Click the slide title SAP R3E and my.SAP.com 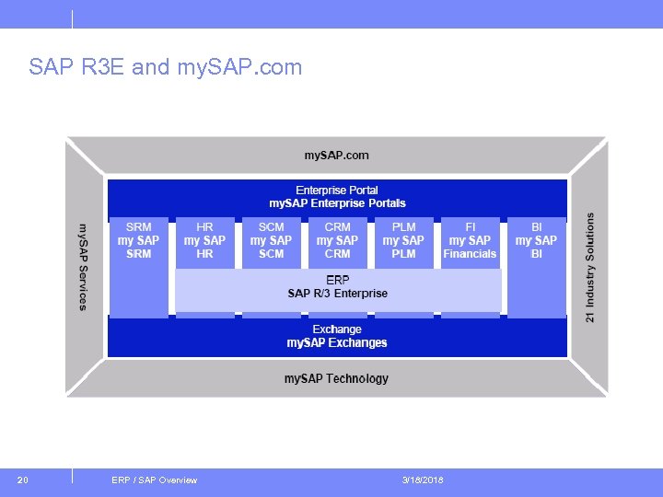coord(165,67)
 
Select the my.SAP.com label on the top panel coord(337,156)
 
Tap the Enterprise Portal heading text coord(337,190)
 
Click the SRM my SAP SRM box coord(138,240)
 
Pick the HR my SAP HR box coord(204,240)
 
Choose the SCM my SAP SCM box coord(271,240)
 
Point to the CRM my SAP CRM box coord(337,240)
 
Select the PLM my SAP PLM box coord(403,240)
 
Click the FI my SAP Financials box coord(470,240)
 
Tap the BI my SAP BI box coord(536,240)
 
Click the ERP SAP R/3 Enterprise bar coord(337,287)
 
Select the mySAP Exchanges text coord(337,343)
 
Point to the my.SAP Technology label coord(336,378)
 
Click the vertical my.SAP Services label coord(83,267)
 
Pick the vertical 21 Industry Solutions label coord(590,267)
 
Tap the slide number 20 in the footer coord(23,480)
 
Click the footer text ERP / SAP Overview coord(154,480)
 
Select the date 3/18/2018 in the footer coord(423,480)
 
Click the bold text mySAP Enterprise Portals coord(337,203)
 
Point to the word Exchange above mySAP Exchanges coord(337,329)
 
